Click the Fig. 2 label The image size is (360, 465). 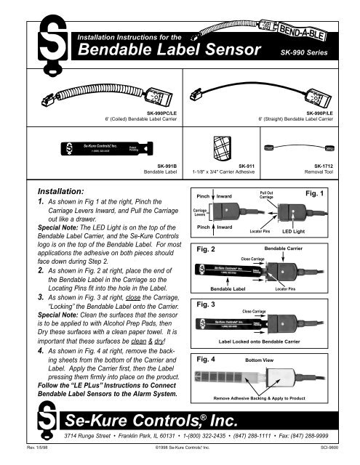pyautogui.click(x=209, y=249)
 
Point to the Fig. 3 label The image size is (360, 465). pyautogui.click(x=209, y=304)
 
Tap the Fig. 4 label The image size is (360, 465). pyautogui.click(x=209, y=359)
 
